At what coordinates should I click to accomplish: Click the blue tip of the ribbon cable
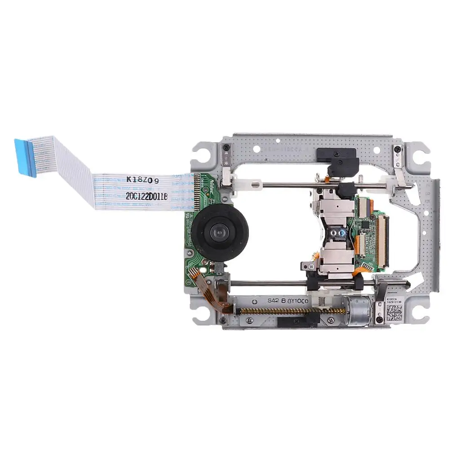click(x=26, y=157)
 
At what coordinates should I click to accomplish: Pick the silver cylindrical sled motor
click(x=358, y=310)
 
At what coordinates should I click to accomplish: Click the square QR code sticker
click(x=394, y=310)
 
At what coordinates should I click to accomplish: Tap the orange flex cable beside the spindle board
click(x=211, y=292)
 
